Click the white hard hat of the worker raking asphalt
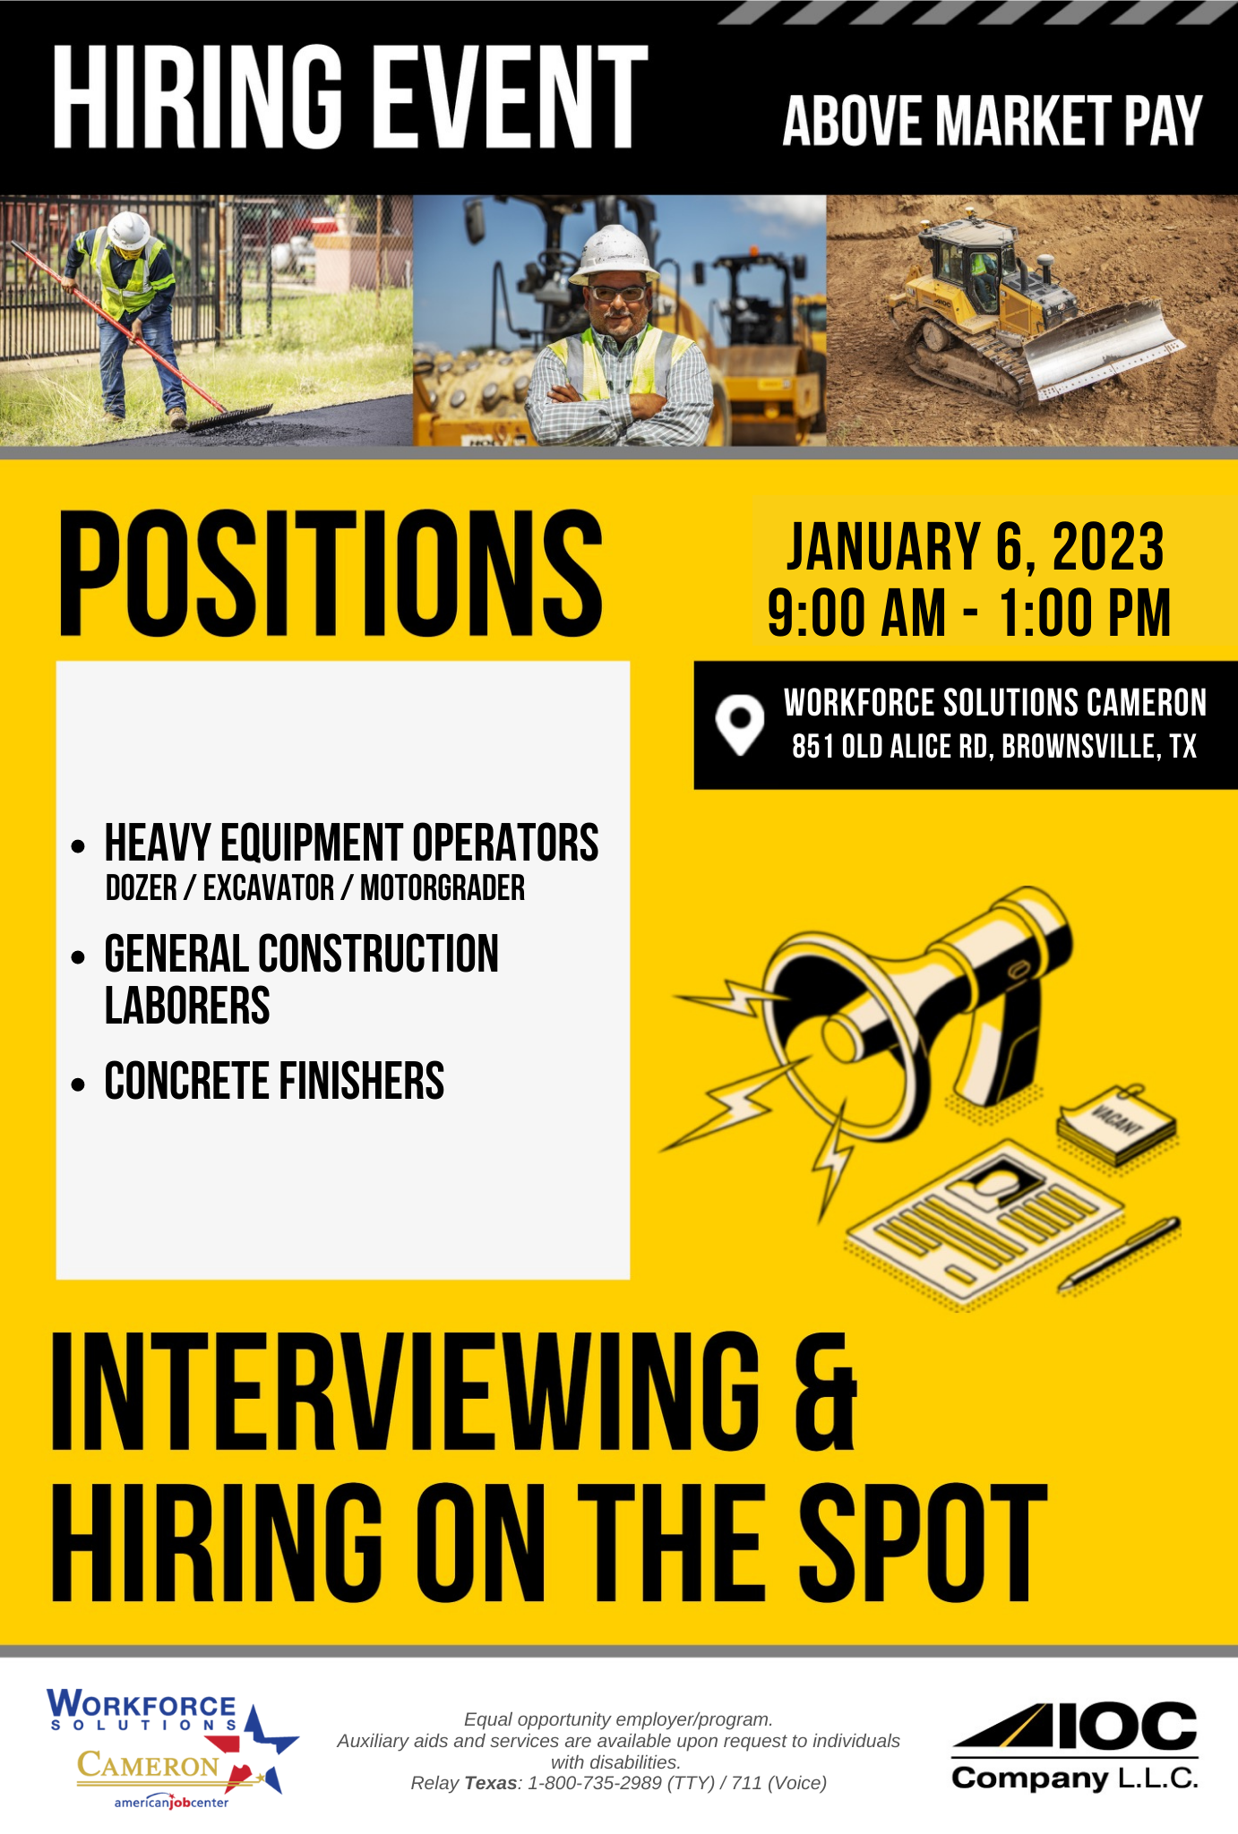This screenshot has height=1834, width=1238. point(128,230)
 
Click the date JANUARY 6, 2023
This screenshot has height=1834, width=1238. point(975,547)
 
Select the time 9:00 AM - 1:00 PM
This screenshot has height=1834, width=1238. point(969,613)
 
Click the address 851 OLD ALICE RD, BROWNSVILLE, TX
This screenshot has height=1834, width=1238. point(994,747)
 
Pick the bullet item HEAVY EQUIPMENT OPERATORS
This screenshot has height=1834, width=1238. point(351,843)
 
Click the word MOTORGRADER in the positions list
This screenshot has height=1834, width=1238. point(443,888)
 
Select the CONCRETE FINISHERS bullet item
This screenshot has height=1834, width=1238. point(274,1081)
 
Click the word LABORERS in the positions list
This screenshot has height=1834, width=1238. point(187,1005)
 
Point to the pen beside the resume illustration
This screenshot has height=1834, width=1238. point(1120,1254)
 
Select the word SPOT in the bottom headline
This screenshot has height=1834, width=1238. point(922,1543)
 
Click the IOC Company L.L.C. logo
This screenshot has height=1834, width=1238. point(1075,1747)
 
